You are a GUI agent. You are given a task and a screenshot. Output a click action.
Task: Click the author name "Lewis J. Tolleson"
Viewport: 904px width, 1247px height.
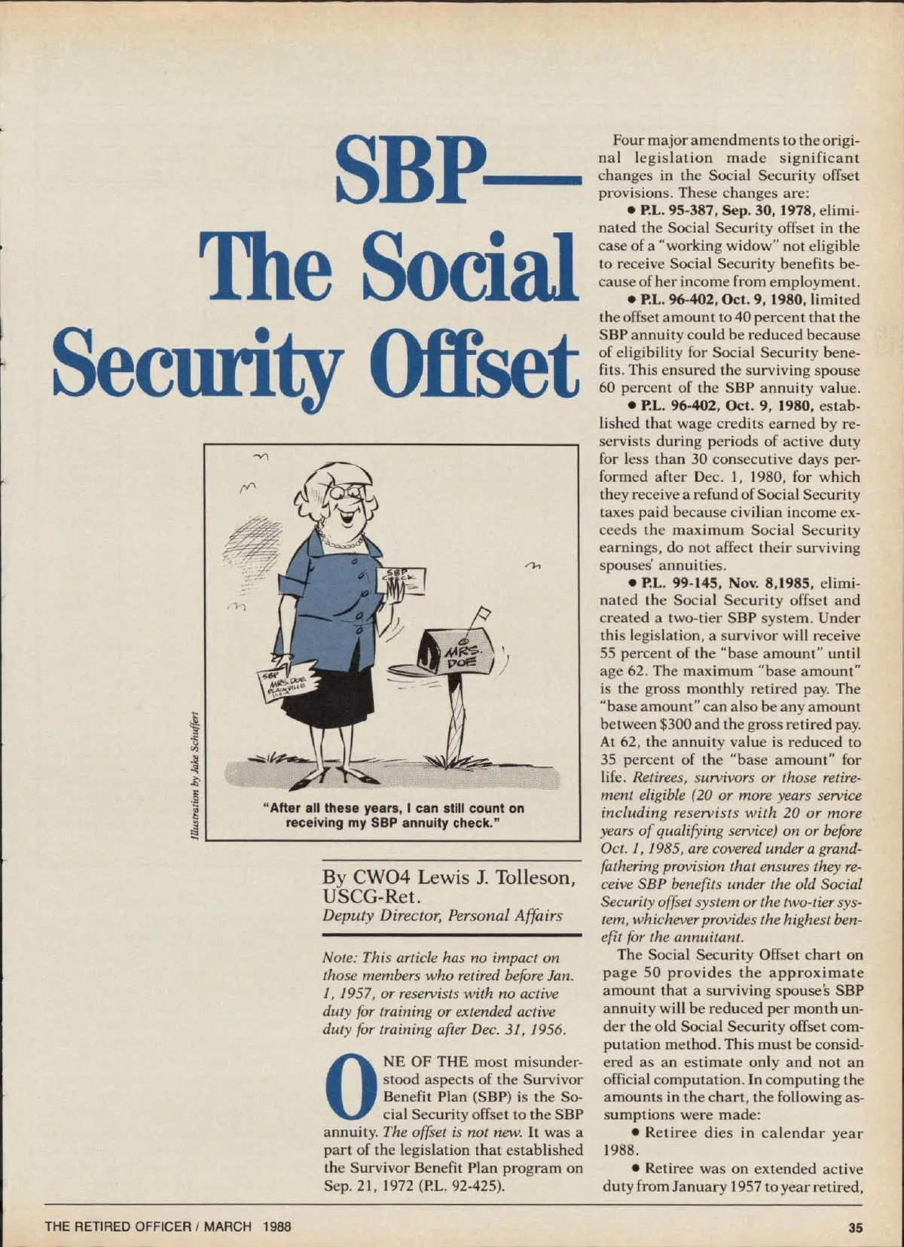(498, 878)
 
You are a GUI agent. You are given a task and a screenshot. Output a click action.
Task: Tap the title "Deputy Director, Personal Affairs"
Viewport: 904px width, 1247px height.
(442, 916)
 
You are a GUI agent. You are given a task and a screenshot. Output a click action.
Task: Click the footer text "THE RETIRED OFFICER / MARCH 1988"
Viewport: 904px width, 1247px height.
(168, 1227)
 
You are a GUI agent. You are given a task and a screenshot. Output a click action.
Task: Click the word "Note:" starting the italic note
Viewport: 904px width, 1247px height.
(341, 958)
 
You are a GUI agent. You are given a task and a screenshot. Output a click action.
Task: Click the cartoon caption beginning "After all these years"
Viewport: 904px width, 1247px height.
(393, 815)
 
